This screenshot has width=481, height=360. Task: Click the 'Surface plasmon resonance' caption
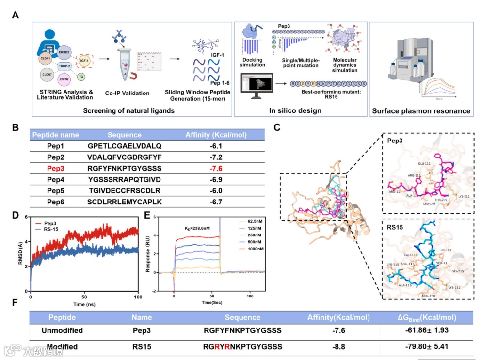click(x=421, y=111)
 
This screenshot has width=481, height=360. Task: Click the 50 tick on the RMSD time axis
click(x=84, y=297)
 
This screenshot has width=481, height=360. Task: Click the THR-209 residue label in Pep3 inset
click(x=440, y=199)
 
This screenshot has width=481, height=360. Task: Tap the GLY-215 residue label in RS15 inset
click(x=458, y=271)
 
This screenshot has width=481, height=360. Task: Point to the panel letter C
click(x=277, y=127)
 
